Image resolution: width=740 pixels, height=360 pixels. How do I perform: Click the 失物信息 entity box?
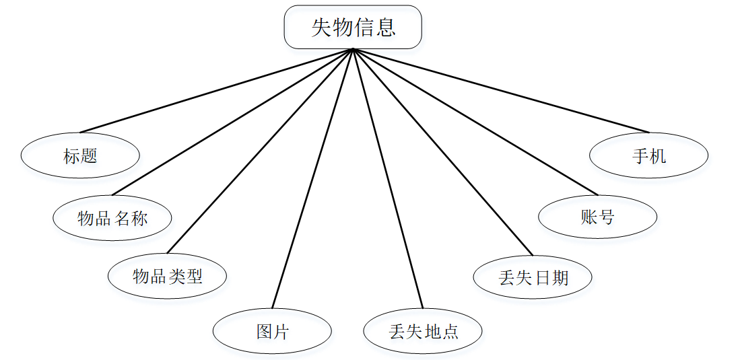(x=353, y=27)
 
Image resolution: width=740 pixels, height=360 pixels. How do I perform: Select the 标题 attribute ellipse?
(x=80, y=156)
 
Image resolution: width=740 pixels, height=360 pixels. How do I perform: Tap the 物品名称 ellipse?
(x=112, y=218)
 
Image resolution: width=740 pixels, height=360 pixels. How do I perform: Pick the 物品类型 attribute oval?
(x=167, y=276)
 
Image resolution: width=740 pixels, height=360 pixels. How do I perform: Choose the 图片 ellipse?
(x=272, y=331)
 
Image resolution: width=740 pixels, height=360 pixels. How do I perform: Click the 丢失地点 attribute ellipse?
(x=423, y=331)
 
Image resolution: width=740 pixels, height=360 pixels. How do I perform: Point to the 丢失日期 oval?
(x=533, y=277)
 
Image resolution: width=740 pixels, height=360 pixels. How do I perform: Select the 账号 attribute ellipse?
(x=597, y=217)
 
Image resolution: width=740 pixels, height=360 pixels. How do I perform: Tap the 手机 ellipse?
(x=648, y=156)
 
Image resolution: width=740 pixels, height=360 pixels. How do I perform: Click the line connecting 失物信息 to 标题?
(x=215, y=90)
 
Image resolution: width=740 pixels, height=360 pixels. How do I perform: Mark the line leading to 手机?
(x=502, y=90)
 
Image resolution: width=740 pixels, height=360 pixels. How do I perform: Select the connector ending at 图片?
(x=312, y=178)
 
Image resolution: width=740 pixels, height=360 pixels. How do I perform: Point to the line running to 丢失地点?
(x=388, y=178)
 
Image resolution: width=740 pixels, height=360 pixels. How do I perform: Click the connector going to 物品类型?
(x=260, y=151)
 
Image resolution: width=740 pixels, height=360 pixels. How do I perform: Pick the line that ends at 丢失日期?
(x=442, y=152)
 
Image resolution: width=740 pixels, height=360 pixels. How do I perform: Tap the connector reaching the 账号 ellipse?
(x=475, y=121)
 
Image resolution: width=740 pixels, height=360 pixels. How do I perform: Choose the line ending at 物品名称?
(x=233, y=122)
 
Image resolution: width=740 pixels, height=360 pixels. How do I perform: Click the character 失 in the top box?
(x=322, y=27)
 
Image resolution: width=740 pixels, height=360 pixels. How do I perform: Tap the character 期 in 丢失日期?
(x=560, y=277)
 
